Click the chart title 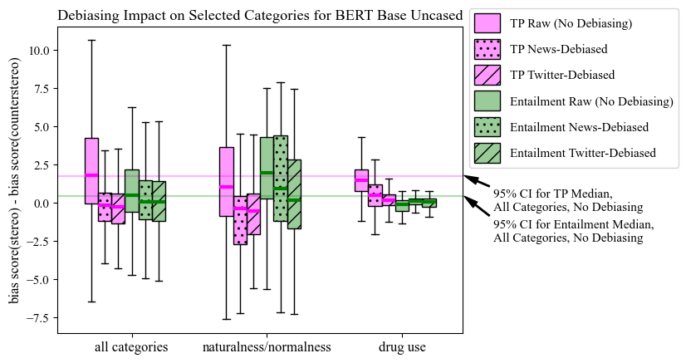click(260, 15)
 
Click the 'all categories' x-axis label click(131, 346)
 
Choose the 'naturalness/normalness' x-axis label click(267, 346)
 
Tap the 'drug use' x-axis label click(402, 346)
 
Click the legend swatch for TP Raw click(487, 23)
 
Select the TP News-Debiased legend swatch click(487, 49)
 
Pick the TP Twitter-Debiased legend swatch click(487, 75)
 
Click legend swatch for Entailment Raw click(487, 101)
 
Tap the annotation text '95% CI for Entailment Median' click(573, 225)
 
